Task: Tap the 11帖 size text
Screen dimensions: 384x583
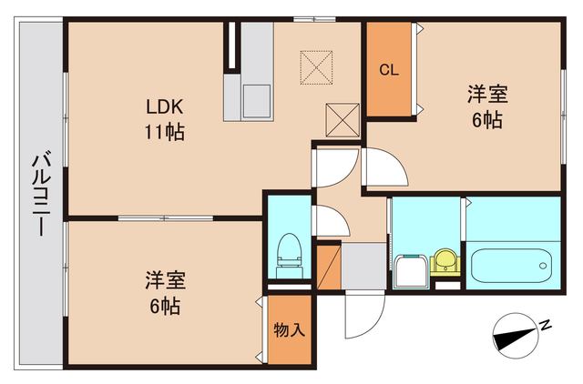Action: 164,133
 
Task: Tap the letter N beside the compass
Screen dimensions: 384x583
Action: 544,325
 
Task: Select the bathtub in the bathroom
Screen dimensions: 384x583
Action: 510,265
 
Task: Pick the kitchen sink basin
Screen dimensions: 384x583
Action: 256,101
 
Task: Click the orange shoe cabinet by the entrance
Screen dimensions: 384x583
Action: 328,265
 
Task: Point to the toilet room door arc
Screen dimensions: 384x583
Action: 330,222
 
